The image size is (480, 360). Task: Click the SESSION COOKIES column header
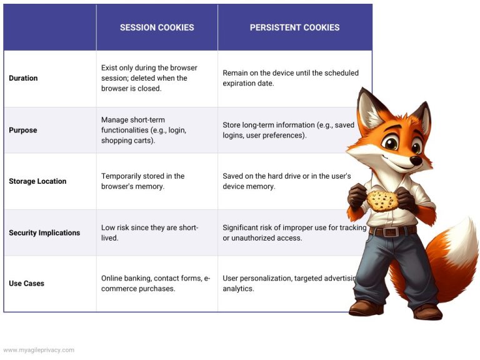pos(157,27)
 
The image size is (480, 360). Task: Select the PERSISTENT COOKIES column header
pos(294,27)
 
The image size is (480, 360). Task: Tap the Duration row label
pos(23,78)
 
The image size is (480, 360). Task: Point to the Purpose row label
pos(22,130)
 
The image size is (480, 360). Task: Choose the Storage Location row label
pos(37,181)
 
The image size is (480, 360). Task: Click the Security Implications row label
pos(44,232)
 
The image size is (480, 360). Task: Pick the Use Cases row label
pos(26,283)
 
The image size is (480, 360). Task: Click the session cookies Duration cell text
pos(149,78)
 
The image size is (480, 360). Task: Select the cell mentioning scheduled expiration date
pos(291,78)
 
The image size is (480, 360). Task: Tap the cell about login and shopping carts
pos(144,130)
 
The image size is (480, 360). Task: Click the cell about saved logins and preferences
pos(288,130)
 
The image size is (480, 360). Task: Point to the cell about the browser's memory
pos(142,181)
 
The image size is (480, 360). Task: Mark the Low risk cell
pos(149,232)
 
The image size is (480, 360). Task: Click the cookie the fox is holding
pos(381,200)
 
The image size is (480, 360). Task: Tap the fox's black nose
pos(415,161)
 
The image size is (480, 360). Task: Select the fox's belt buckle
pos(392,232)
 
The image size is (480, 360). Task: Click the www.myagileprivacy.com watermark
pos(39,350)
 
